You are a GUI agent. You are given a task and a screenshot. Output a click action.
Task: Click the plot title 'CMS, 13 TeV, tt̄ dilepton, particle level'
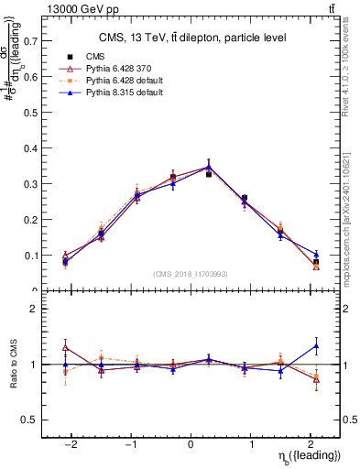(192, 38)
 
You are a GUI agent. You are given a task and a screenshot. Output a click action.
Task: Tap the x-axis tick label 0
(191, 444)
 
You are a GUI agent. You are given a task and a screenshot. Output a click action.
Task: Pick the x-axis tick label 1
(253, 444)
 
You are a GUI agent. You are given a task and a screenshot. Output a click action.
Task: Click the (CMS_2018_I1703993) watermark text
(191, 274)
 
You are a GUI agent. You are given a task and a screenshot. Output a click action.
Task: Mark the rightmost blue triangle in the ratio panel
(316, 345)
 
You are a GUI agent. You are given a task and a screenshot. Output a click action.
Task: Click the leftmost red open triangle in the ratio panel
(65, 347)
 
